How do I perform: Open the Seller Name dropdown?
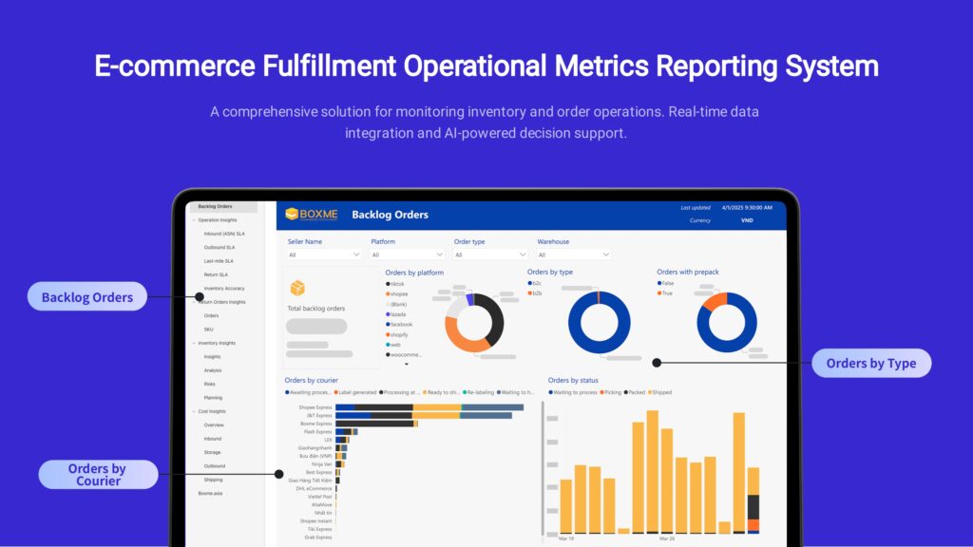click(x=324, y=255)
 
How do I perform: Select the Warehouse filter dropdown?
click(x=574, y=255)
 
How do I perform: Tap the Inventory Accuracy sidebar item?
click(x=223, y=288)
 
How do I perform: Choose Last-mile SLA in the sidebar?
click(x=218, y=260)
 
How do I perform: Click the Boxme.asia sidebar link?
click(x=210, y=494)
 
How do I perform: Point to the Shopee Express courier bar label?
click(x=316, y=407)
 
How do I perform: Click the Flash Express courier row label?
click(x=317, y=432)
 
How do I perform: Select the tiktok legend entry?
click(x=396, y=284)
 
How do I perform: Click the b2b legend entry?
click(x=537, y=293)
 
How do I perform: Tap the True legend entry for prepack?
click(x=668, y=293)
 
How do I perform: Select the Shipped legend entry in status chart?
click(x=660, y=392)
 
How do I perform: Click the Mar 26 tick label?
click(x=666, y=538)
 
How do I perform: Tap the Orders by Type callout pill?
click(x=870, y=363)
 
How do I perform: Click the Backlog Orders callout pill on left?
click(x=87, y=297)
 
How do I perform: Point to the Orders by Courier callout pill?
click(x=99, y=475)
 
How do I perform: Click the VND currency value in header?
click(x=747, y=220)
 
